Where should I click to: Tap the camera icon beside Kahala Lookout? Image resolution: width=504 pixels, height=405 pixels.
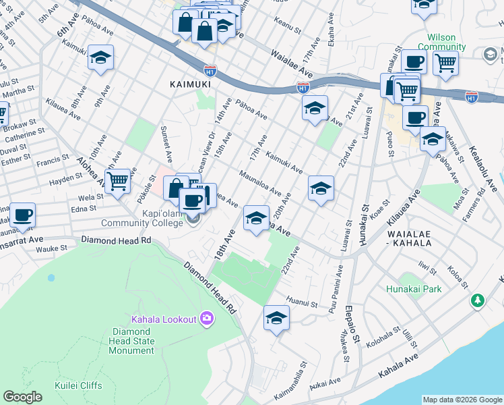[206, 318]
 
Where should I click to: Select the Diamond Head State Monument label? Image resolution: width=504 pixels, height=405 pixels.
[132, 341]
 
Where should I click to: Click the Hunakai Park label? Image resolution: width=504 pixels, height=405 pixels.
[414, 289]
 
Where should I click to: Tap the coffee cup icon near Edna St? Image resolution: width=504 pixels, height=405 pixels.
[23, 215]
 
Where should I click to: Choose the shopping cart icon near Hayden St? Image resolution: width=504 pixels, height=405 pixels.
[117, 181]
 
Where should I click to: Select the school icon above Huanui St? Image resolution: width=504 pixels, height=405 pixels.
[276, 317]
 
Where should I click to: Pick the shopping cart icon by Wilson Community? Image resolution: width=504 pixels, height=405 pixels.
[445, 63]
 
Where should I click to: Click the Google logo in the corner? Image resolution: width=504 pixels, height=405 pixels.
[23, 397]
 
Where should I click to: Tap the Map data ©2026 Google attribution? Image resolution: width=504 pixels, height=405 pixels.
[462, 400]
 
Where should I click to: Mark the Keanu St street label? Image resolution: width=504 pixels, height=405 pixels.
[287, 24]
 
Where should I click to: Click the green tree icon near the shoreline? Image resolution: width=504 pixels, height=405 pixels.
[478, 299]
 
